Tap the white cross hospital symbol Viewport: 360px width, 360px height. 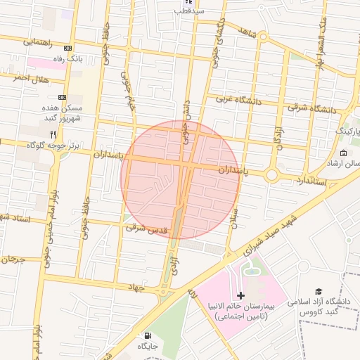(x=241, y=295)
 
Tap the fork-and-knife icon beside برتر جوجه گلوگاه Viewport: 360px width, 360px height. (x=53, y=134)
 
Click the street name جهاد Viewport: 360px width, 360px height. (x=136, y=287)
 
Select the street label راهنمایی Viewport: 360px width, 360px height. (x=39, y=42)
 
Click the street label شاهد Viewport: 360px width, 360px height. (x=247, y=32)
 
